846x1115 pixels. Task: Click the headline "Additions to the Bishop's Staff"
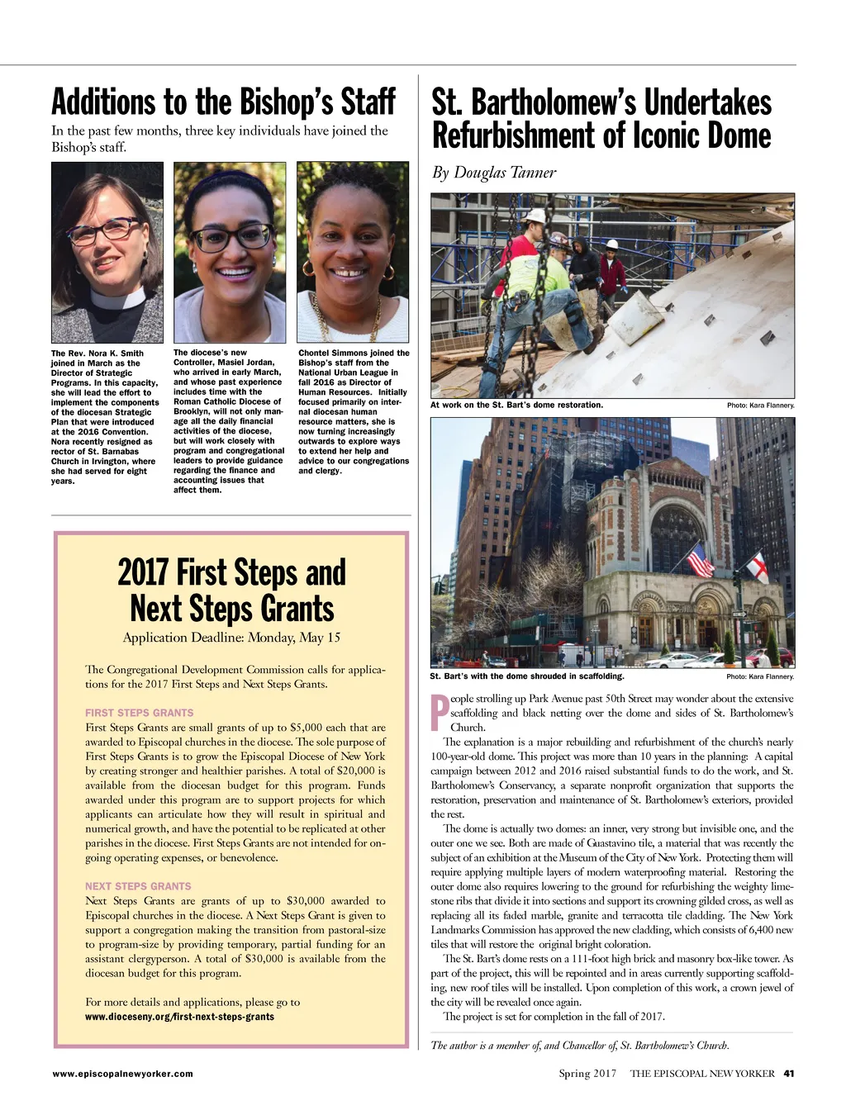223,102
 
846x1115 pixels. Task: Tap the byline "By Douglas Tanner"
494,173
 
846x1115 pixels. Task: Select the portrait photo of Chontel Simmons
353,252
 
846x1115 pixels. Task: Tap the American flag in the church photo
701,561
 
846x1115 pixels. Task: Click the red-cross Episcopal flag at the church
756,567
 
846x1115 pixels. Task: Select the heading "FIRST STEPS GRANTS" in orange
139,713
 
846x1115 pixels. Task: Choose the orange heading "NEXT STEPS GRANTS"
138,886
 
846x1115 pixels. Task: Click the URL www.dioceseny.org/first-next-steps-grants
179,1017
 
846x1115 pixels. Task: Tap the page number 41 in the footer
788,1074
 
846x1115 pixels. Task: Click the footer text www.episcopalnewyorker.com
122,1074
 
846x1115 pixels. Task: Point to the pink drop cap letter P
440,713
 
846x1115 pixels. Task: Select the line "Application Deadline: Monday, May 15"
231,638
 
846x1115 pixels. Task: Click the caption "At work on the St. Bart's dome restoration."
516,406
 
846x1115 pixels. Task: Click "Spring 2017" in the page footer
587,1074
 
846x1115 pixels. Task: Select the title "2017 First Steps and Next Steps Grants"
231,590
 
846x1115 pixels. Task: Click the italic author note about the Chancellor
579,1046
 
